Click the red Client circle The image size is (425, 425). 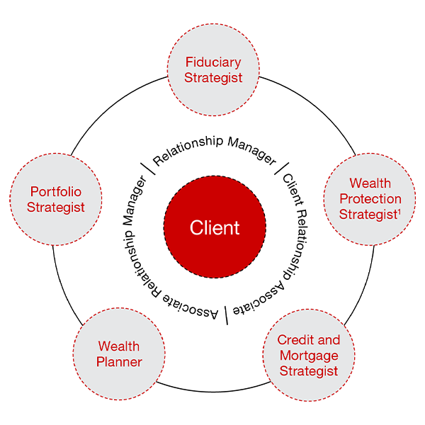click(x=215, y=228)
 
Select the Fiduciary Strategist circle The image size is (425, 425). click(x=213, y=70)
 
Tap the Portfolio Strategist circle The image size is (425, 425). click(x=57, y=200)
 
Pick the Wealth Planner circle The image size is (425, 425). click(x=119, y=354)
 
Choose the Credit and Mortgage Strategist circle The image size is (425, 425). click(x=309, y=356)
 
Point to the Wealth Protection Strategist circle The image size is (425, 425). click(x=370, y=199)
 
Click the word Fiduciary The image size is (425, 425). click(x=213, y=62)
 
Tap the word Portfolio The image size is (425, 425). click(x=56, y=192)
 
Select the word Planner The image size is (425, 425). click(x=120, y=362)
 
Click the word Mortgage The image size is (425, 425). click(x=309, y=356)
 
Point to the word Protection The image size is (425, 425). click(x=370, y=199)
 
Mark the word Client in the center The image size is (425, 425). click(x=215, y=228)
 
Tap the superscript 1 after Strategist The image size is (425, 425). click(x=398, y=211)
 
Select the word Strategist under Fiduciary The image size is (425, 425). click(x=213, y=78)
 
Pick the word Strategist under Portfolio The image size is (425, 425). click(x=56, y=208)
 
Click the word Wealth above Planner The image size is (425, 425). click(x=119, y=346)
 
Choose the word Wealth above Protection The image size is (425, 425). click(x=370, y=184)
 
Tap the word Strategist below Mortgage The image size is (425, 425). click(x=309, y=371)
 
